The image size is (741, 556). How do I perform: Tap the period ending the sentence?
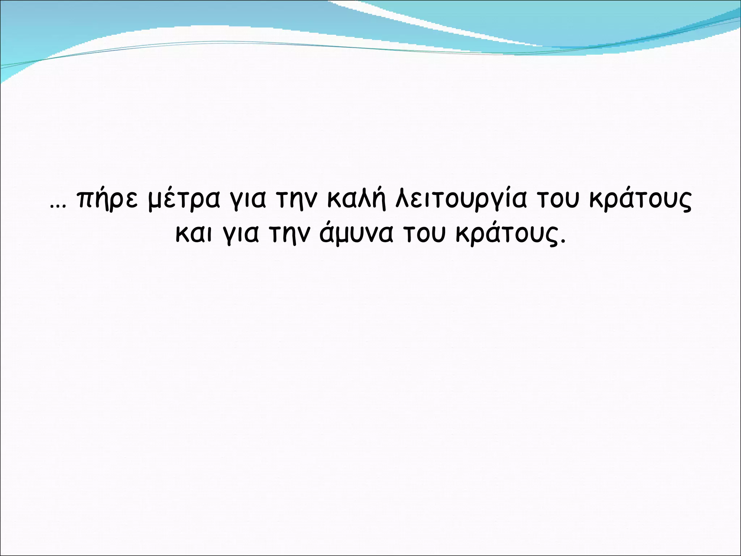pos(562,241)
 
